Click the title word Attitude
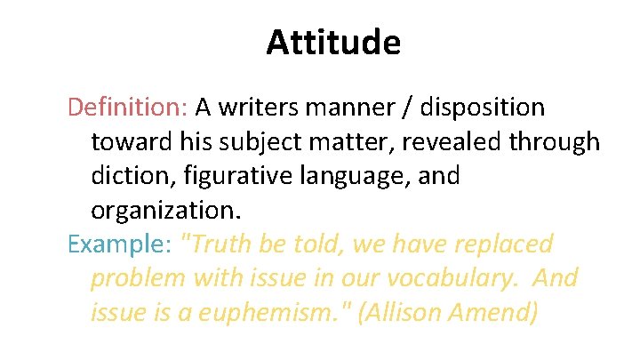333,43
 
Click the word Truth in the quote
212,244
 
